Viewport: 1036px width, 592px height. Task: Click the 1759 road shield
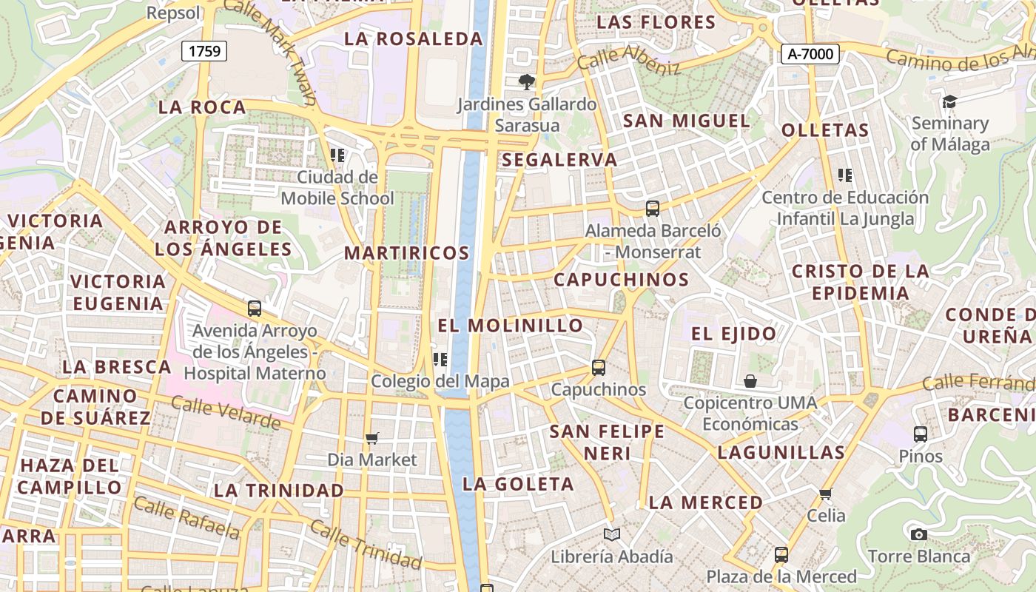pyautogui.click(x=204, y=51)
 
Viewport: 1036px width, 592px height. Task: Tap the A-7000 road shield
pyautogui.click(x=810, y=53)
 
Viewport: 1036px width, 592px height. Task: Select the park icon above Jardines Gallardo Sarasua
pyautogui.click(x=526, y=81)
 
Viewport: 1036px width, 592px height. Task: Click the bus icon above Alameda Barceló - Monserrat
pyautogui.click(x=652, y=209)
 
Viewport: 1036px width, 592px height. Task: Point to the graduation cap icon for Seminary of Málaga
pyautogui.click(x=949, y=101)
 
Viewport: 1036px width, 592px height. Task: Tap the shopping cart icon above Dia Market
pyautogui.click(x=372, y=439)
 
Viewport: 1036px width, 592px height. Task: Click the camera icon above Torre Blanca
pyautogui.click(x=918, y=534)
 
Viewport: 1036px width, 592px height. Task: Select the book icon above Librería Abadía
pyautogui.click(x=611, y=534)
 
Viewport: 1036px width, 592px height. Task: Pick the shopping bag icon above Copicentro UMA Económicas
pyautogui.click(x=750, y=381)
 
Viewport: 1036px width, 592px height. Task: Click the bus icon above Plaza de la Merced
pyautogui.click(x=781, y=554)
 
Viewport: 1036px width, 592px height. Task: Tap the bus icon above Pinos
pyautogui.click(x=921, y=434)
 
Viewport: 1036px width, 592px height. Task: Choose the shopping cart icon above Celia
pyautogui.click(x=826, y=494)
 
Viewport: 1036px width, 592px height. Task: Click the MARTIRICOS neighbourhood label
pyautogui.click(x=406, y=253)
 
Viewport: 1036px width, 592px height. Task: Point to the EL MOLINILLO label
pyautogui.click(x=510, y=326)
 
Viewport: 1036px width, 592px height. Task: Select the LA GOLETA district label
pyautogui.click(x=518, y=485)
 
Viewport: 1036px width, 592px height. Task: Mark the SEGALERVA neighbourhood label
pyautogui.click(x=559, y=160)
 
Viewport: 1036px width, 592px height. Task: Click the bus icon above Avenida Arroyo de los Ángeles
pyautogui.click(x=255, y=309)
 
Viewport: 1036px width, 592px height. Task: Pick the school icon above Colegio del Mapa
pyautogui.click(x=440, y=360)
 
